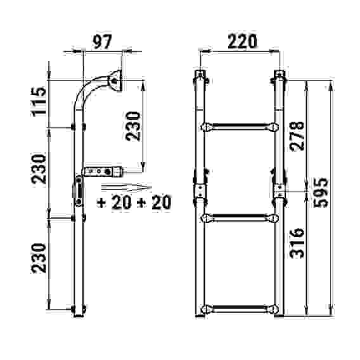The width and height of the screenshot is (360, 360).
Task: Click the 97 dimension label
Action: [102, 42]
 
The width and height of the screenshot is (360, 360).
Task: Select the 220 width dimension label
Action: [243, 41]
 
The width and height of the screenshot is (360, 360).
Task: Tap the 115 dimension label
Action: [39, 101]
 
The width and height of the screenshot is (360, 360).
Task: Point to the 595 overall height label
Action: [321, 193]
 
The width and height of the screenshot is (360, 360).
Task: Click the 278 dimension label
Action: [297, 136]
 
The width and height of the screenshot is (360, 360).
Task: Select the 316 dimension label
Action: [297, 243]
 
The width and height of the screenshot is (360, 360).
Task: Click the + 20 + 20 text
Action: [134, 202]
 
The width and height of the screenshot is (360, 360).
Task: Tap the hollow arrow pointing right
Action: [127, 187]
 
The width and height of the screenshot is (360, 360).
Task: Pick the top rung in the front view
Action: [240, 127]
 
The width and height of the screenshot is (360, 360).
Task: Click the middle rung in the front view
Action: [240, 218]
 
